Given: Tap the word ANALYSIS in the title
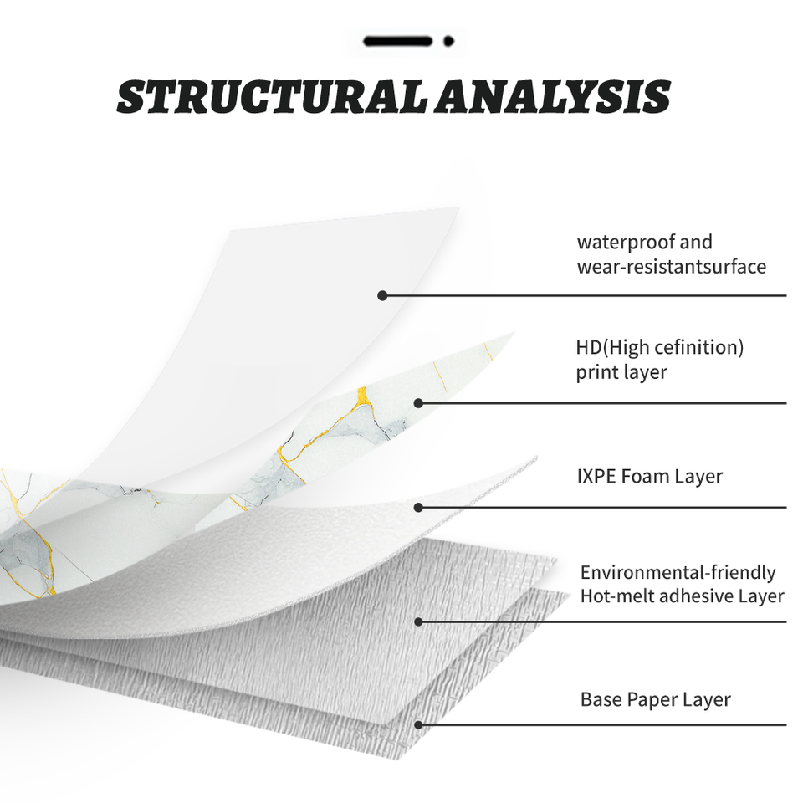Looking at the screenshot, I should [x=553, y=98].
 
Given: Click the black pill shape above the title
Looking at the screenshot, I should [x=397, y=40].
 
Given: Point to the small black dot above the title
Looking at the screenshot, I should [x=448, y=40].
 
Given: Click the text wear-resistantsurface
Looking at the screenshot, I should [x=671, y=267].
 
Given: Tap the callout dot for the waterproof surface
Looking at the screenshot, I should [x=382, y=295].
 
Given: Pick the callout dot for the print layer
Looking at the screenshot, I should [x=418, y=403].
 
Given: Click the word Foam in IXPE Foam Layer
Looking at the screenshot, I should [x=650, y=477].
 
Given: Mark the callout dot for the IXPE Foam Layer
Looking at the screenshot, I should [x=418, y=507].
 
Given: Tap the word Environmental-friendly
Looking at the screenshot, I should [x=678, y=573].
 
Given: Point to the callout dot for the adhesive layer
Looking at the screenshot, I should [x=418, y=621].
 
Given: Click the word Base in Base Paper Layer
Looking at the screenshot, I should [x=601, y=699].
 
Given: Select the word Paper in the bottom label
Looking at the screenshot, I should [x=654, y=699].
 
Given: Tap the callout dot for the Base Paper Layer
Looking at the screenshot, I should [x=418, y=724].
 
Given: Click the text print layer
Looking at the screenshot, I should [x=621, y=372].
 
